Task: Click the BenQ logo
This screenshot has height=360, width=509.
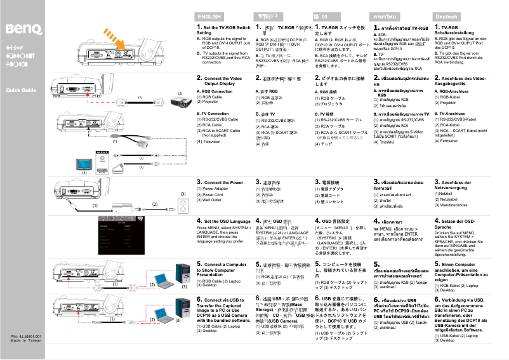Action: [24, 29]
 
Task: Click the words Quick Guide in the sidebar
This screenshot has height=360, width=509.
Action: [22, 90]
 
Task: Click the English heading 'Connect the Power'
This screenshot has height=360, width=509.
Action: [223, 182]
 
